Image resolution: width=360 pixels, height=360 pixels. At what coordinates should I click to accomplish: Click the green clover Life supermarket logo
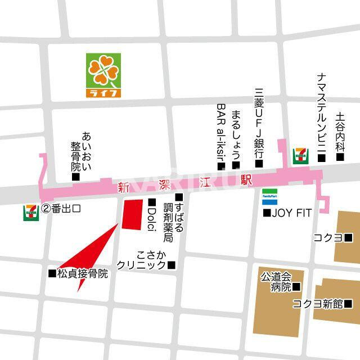(x=103, y=75)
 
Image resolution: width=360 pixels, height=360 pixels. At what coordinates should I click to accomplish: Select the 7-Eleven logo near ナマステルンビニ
(x=300, y=155)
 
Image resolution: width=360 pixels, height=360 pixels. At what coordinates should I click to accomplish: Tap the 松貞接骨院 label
(x=82, y=274)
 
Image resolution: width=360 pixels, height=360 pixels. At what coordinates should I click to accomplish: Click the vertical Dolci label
(x=151, y=218)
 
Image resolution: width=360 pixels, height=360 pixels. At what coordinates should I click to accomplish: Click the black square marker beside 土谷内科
(x=340, y=158)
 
